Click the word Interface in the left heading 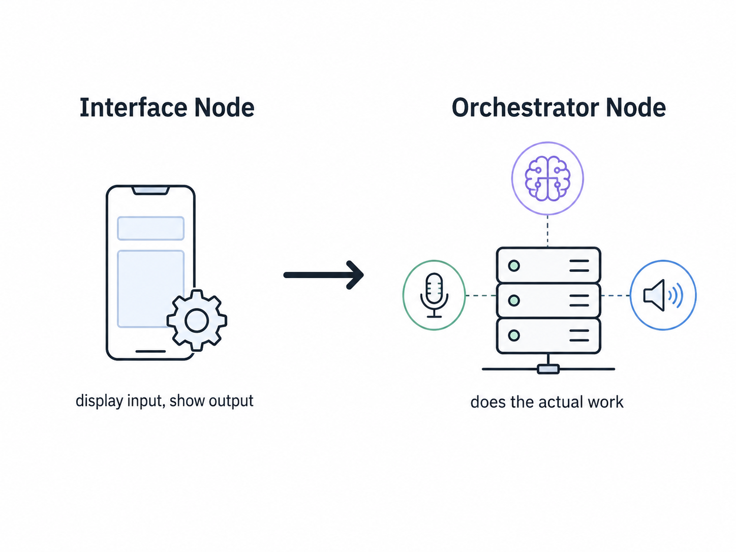coord(134,107)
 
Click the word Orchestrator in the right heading coord(526,107)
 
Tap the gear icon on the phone coord(197,320)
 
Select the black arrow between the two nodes coord(324,275)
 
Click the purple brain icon coord(547,178)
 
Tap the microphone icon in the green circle coord(434,295)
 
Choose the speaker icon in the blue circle coord(663,295)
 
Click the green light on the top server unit coord(514,266)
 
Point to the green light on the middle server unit coord(514,300)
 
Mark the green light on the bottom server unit coord(514,335)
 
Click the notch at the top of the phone coord(150,191)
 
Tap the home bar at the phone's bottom coord(150,351)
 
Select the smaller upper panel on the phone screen coord(150,228)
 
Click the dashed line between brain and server coord(547,231)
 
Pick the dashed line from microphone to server coord(481,295)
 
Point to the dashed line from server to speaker coord(616,295)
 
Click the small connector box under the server coord(548,369)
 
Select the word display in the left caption coord(99,401)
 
